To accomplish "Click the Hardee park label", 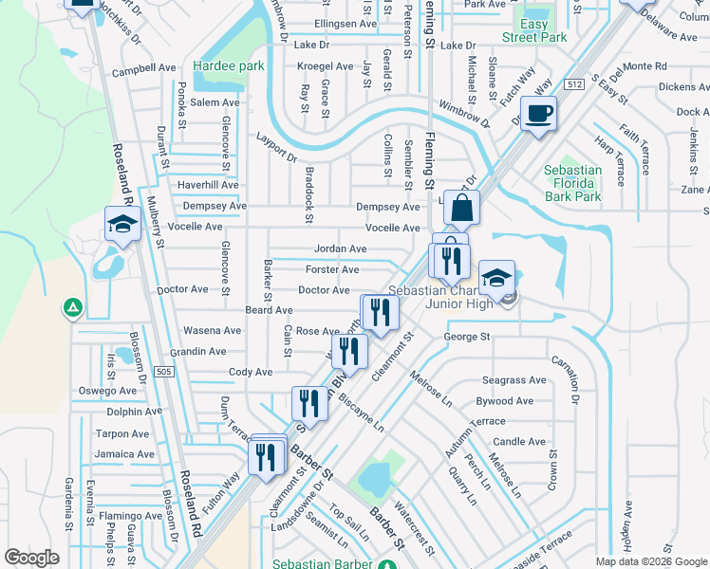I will [x=228, y=66].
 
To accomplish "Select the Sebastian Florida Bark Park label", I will [x=573, y=183].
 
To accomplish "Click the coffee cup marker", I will [x=539, y=115].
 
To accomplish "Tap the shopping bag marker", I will [x=460, y=209].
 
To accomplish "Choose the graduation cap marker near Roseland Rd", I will [x=122, y=225].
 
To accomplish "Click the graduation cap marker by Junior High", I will [x=496, y=279].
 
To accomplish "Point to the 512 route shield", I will [x=573, y=84].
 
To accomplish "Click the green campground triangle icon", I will [x=71, y=307].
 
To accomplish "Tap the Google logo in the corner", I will [x=32, y=558].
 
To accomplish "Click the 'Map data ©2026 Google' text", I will [x=650, y=561].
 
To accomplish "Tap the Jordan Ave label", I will [x=340, y=248].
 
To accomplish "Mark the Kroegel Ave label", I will [x=325, y=66].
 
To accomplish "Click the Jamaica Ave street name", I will [x=124, y=454].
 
